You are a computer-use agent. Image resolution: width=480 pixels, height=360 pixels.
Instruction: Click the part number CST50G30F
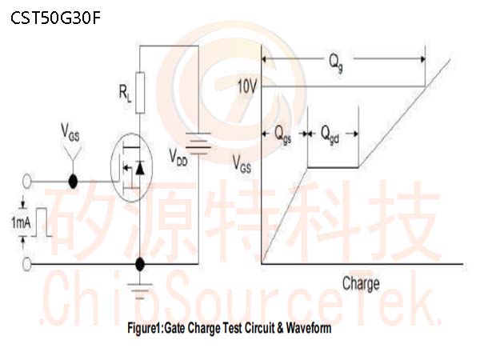[55, 18]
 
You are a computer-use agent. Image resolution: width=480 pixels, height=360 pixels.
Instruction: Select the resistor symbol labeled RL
[140, 93]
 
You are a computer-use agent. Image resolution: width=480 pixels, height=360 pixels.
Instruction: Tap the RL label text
[126, 93]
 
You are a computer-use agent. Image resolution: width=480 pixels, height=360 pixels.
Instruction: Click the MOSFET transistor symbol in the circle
[131, 167]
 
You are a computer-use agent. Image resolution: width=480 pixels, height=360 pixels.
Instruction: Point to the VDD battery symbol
[198, 143]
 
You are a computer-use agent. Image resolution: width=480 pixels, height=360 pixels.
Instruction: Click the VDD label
[178, 158]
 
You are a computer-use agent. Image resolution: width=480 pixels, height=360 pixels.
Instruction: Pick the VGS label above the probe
[70, 132]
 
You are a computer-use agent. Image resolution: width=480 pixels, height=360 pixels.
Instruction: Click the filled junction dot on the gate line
[73, 182]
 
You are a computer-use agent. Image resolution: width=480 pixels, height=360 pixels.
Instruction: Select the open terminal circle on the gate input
[27, 182]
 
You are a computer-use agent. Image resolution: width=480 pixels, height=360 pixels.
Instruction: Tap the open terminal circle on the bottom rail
[27, 264]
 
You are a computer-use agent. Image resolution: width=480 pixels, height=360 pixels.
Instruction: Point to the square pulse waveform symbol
[42, 222]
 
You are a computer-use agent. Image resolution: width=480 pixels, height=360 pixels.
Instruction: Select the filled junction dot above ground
[140, 264]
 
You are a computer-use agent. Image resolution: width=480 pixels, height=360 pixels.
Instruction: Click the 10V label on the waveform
[247, 87]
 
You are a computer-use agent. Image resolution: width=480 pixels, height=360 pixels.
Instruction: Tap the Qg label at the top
[336, 62]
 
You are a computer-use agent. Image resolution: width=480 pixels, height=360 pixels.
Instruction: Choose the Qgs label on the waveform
[282, 134]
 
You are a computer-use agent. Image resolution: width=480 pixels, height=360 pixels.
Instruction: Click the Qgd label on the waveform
[330, 134]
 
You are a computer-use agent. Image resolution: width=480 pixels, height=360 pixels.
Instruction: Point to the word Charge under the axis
[361, 284]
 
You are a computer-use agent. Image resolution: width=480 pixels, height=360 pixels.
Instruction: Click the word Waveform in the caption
[309, 328]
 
